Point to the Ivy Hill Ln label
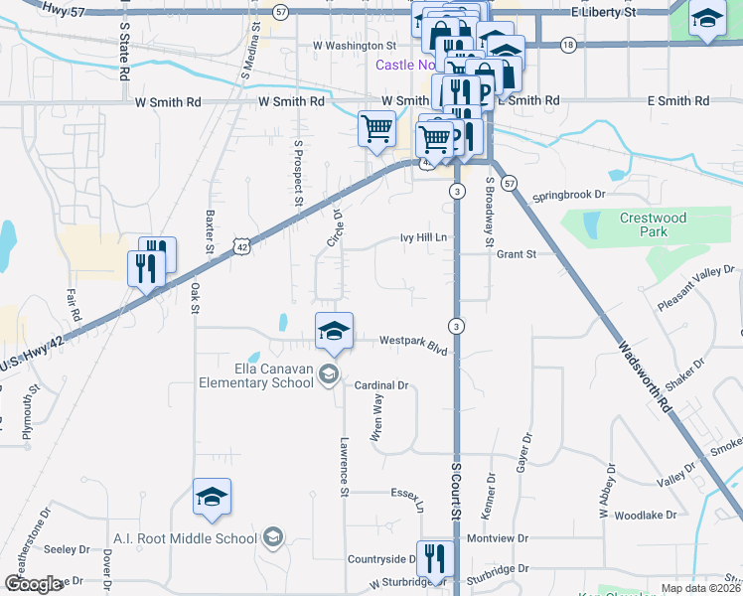[424, 237]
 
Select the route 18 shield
[567, 45]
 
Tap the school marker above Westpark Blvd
[334, 331]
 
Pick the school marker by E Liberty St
[707, 18]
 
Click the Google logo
[33, 584]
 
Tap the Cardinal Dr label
[382, 385]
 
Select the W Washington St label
[355, 46]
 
